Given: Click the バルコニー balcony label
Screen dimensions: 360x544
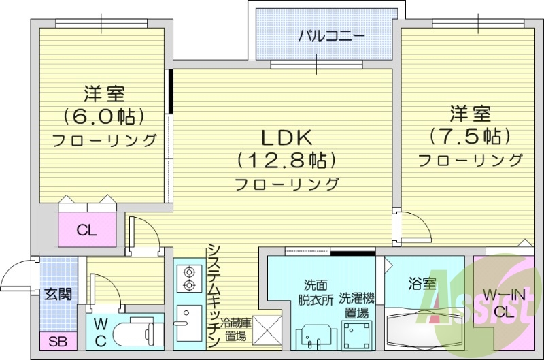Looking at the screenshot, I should (331, 35).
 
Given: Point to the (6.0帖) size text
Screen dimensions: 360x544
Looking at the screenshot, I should (105, 115).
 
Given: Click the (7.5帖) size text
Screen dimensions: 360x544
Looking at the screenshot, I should (470, 135).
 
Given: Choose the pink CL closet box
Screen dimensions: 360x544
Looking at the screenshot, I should (86, 230).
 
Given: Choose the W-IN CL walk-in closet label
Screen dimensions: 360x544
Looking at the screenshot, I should (505, 304).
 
